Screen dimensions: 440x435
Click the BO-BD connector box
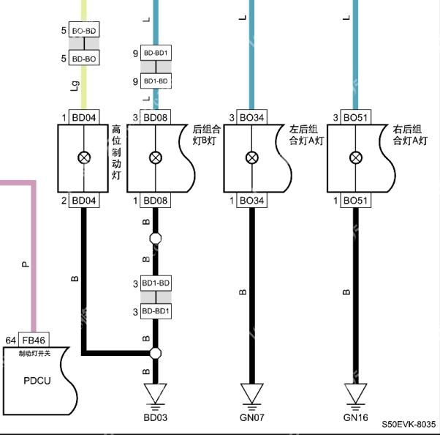point(84,29)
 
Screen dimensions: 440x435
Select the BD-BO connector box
point(84,58)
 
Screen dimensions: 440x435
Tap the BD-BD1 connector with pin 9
point(156,53)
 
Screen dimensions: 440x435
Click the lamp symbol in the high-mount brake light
point(84,157)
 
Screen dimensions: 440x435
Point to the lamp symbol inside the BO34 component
point(252,157)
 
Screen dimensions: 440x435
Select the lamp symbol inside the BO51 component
point(356,157)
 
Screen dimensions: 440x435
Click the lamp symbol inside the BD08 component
point(156,157)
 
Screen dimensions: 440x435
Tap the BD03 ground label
point(156,417)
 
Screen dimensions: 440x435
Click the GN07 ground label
point(252,417)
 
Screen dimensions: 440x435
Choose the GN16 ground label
point(355,417)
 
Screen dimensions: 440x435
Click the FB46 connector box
point(34,340)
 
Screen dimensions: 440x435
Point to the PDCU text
point(37,381)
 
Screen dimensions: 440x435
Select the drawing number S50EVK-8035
point(409,424)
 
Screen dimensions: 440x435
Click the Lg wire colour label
point(75,86)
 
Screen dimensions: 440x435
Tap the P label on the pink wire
point(26,264)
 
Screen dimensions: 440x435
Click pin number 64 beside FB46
point(11,341)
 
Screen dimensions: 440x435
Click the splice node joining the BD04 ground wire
point(156,353)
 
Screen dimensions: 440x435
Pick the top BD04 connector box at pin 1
point(84,117)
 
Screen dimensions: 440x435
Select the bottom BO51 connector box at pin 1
point(356,200)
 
